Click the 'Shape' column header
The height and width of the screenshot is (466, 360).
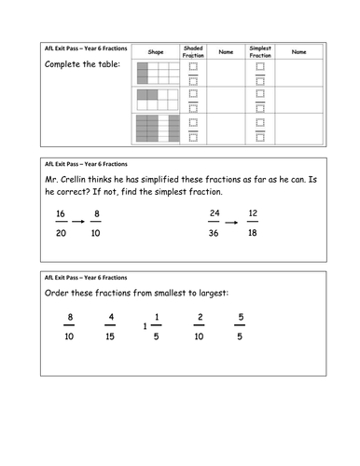pyautogui.click(x=156, y=52)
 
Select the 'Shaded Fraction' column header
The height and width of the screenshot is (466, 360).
pyautogui.click(x=193, y=52)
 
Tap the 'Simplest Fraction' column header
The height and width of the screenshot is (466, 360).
pyautogui.click(x=260, y=52)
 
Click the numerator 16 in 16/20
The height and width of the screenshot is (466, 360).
pyautogui.click(x=61, y=213)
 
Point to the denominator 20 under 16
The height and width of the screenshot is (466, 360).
pyautogui.click(x=61, y=233)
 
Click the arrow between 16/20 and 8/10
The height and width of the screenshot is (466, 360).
pyautogui.click(x=78, y=222)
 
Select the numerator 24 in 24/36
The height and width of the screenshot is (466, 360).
pyautogui.click(x=215, y=213)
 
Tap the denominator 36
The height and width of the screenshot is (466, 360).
pyautogui.click(x=214, y=233)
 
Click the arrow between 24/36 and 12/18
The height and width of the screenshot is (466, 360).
pyautogui.click(x=231, y=223)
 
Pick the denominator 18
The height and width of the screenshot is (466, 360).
pyautogui.click(x=253, y=233)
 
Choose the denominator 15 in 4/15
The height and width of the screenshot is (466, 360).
pyautogui.click(x=110, y=336)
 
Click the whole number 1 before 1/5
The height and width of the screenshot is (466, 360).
pyautogui.click(x=145, y=326)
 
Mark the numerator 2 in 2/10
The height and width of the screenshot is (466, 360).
pyautogui.click(x=201, y=317)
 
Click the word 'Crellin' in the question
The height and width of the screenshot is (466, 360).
pyautogui.click(x=73, y=180)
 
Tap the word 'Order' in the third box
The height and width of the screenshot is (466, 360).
pyautogui.click(x=56, y=293)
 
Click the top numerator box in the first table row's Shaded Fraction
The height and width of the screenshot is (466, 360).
pyautogui.click(x=193, y=66)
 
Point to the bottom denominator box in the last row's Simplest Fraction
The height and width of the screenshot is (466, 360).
pyautogui.click(x=260, y=137)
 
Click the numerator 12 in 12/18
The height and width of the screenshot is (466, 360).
pyautogui.click(x=253, y=213)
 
